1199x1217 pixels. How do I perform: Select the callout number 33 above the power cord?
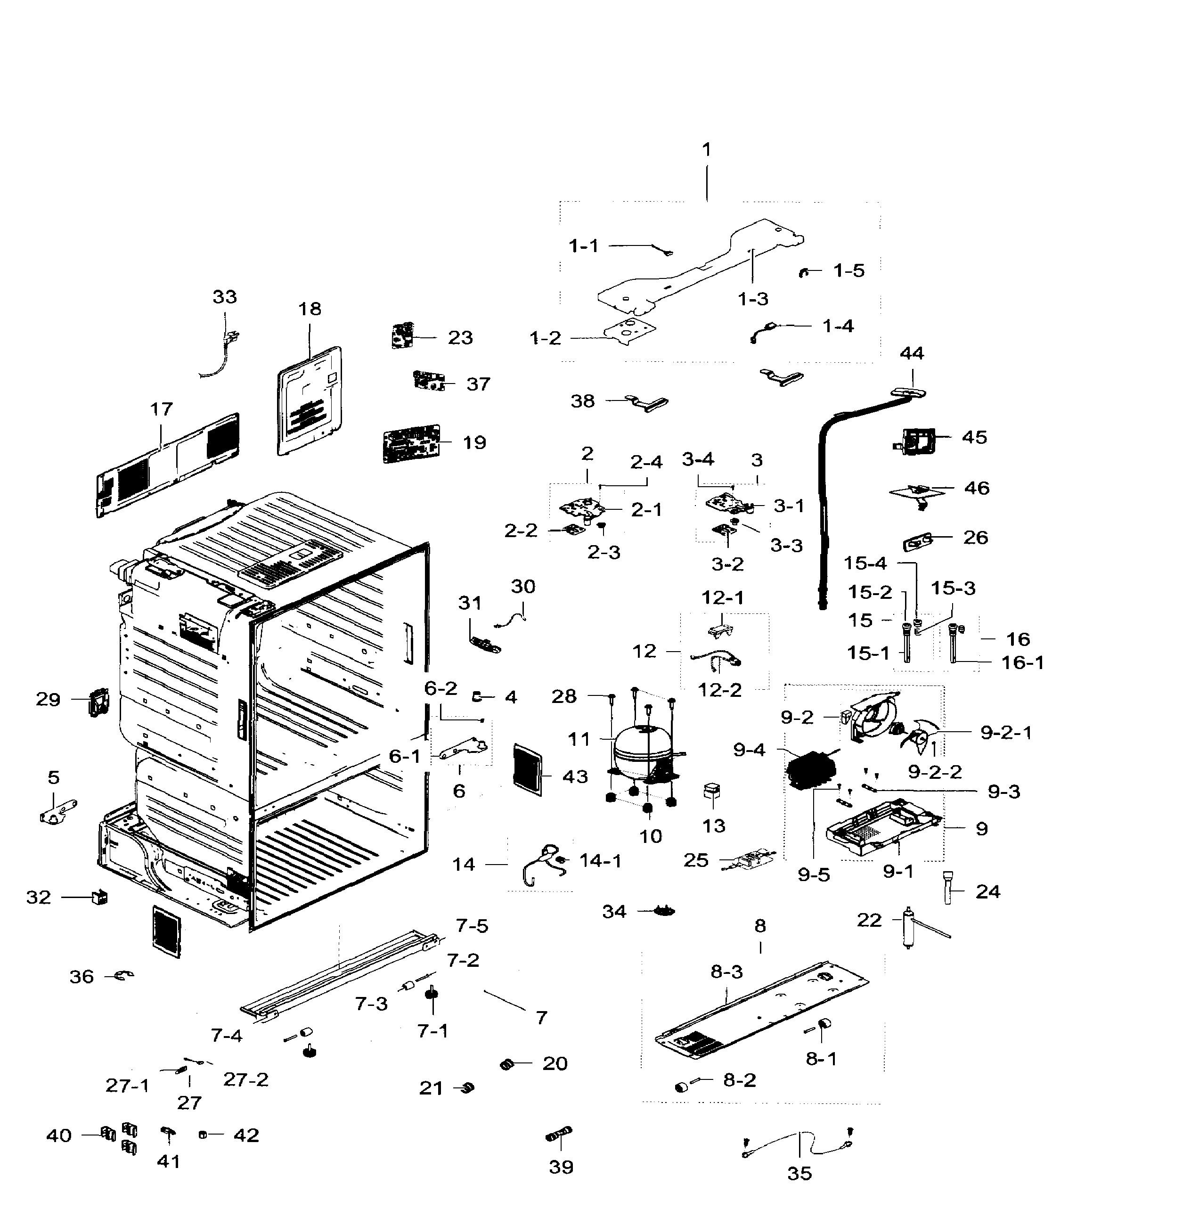tap(225, 297)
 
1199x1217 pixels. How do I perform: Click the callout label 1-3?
tap(753, 299)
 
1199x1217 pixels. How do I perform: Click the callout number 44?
tap(912, 353)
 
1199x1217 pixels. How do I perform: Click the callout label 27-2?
tap(245, 1080)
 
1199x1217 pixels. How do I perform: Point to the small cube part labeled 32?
tap(99, 897)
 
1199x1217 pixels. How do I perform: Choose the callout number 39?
tap(561, 1167)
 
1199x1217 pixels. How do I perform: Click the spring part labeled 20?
tap(507, 1064)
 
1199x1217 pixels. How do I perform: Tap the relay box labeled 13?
tap(712, 792)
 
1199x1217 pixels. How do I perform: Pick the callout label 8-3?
tap(727, 972)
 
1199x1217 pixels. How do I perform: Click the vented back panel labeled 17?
tap(168, 466)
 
